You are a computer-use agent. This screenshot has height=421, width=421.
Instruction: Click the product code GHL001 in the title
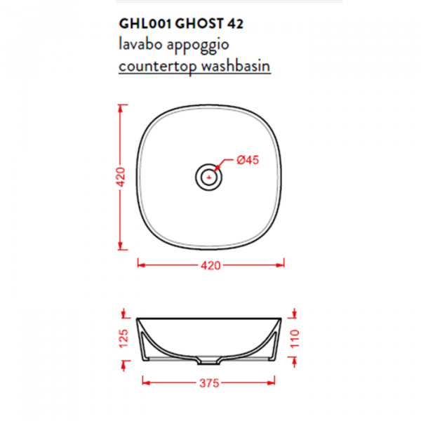coord(145,24)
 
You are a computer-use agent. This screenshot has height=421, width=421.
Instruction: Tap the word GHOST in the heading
coord(199,24)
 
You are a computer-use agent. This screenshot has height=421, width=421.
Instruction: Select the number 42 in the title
coord(236,24)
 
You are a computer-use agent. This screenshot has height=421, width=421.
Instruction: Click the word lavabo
coord(140,44)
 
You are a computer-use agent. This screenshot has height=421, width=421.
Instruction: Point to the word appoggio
coord(198,46)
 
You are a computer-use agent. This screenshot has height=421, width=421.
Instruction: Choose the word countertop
coord(158,67)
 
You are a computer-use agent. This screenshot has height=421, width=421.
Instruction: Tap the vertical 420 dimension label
coord(121,177)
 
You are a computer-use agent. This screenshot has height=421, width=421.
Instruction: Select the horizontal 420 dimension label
coord(210,265)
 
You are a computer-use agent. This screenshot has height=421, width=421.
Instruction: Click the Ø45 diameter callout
coord(248,160)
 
